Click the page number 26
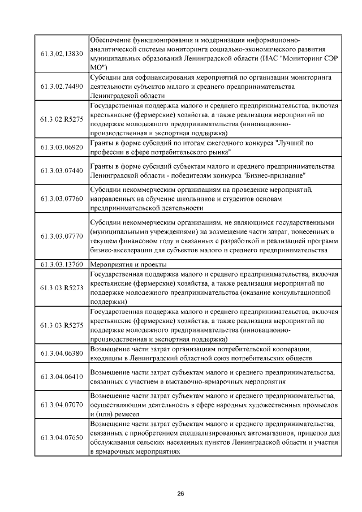point(181,494)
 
